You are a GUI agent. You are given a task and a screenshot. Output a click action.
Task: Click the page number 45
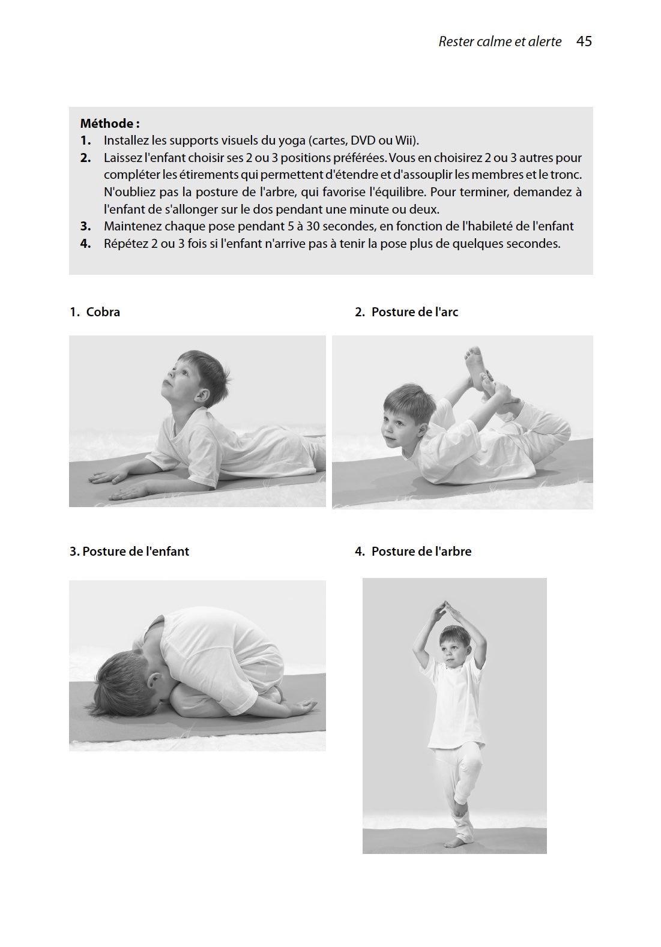point(584,41)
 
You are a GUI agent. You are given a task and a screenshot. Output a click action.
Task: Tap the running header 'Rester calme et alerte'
point(500,41)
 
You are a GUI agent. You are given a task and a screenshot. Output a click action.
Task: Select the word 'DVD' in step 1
point(363,140)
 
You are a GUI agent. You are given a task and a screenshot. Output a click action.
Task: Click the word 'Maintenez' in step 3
point(130,226)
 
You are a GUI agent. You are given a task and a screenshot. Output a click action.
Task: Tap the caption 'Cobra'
point(103,312)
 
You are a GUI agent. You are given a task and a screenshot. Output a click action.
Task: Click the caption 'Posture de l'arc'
point(414,312)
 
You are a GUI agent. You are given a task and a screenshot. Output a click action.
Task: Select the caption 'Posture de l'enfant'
point(135,552)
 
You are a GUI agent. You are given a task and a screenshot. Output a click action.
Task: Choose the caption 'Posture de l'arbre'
point(421,552)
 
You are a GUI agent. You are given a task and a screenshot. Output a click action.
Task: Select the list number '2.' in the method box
point(85,158)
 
